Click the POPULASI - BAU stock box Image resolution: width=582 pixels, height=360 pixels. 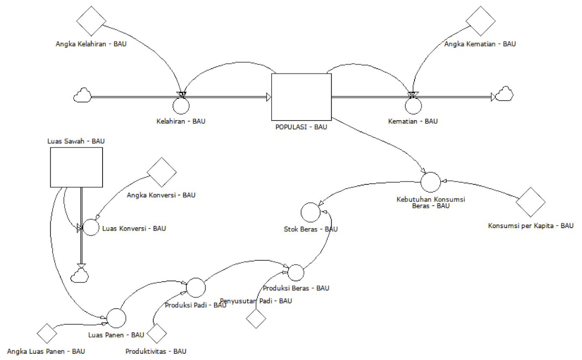[x=301, y=97]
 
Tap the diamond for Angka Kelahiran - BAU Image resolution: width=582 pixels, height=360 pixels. [x=91, y=21]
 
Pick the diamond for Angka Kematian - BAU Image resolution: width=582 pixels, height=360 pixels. [x=480, y=21]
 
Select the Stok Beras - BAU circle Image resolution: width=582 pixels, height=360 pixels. [x=310, y=212]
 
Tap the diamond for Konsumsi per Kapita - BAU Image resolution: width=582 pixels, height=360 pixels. [x=530, y=202]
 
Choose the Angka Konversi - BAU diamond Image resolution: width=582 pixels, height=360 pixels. [x=162, y=172]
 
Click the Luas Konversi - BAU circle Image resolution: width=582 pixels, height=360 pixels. [x=90, y=228]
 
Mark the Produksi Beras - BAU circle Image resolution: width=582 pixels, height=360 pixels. [x=296, y=273]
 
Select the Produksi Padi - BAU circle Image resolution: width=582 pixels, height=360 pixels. [x=196, y=287]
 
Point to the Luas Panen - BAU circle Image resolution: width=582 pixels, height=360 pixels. [x=116, y=318]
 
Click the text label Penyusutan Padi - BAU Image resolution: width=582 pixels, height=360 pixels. [x=257, y=301]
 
